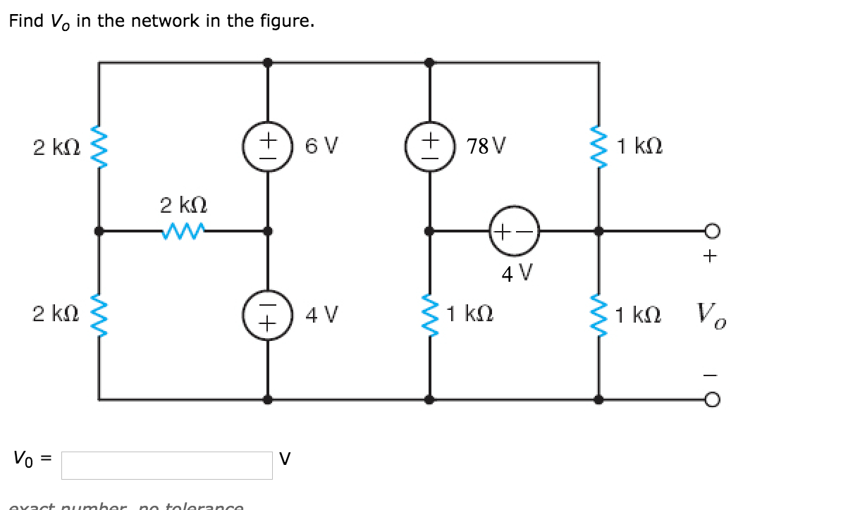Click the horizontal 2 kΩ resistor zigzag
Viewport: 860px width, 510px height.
(x=182, y=230)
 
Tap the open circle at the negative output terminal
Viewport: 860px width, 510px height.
(x=712, y=399)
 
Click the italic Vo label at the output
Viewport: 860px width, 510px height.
(x=712, y=313)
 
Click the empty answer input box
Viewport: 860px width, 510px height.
(x=166, y=465)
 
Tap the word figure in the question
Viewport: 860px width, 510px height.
(x=286, y=22)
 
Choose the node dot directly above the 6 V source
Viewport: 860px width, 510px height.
(x=267, y=63)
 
